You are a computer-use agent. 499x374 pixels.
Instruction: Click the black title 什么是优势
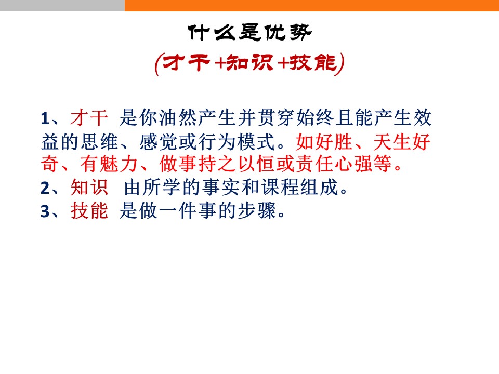(x=249, y=32)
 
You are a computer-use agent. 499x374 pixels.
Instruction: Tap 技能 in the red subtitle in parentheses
(x=313, y=62)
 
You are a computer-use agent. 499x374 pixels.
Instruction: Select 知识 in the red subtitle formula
(x=250, y=62)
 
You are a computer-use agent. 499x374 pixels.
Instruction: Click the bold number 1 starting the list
(x=45, y=118)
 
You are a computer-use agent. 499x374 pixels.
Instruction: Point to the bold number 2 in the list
(x=45, y=188)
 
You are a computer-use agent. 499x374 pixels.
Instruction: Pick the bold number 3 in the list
(x=45, y=211)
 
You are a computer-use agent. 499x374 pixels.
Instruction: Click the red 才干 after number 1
(x=89, y=118)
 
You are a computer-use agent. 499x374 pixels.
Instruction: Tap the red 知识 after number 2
(x=89, y=187)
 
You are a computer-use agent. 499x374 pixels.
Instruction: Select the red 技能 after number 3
(x=89, y=210)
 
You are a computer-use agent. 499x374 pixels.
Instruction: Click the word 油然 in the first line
(x=178, y=118)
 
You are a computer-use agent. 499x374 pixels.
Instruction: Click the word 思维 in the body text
(x=100, y=142)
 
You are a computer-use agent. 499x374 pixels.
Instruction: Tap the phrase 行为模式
(x=237, y=142)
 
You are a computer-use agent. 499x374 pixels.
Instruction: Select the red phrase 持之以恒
(x=217, y=164)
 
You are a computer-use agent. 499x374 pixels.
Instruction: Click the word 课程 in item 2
(x=280, y=187)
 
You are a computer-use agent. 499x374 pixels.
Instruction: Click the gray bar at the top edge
(x=62, y=5)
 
